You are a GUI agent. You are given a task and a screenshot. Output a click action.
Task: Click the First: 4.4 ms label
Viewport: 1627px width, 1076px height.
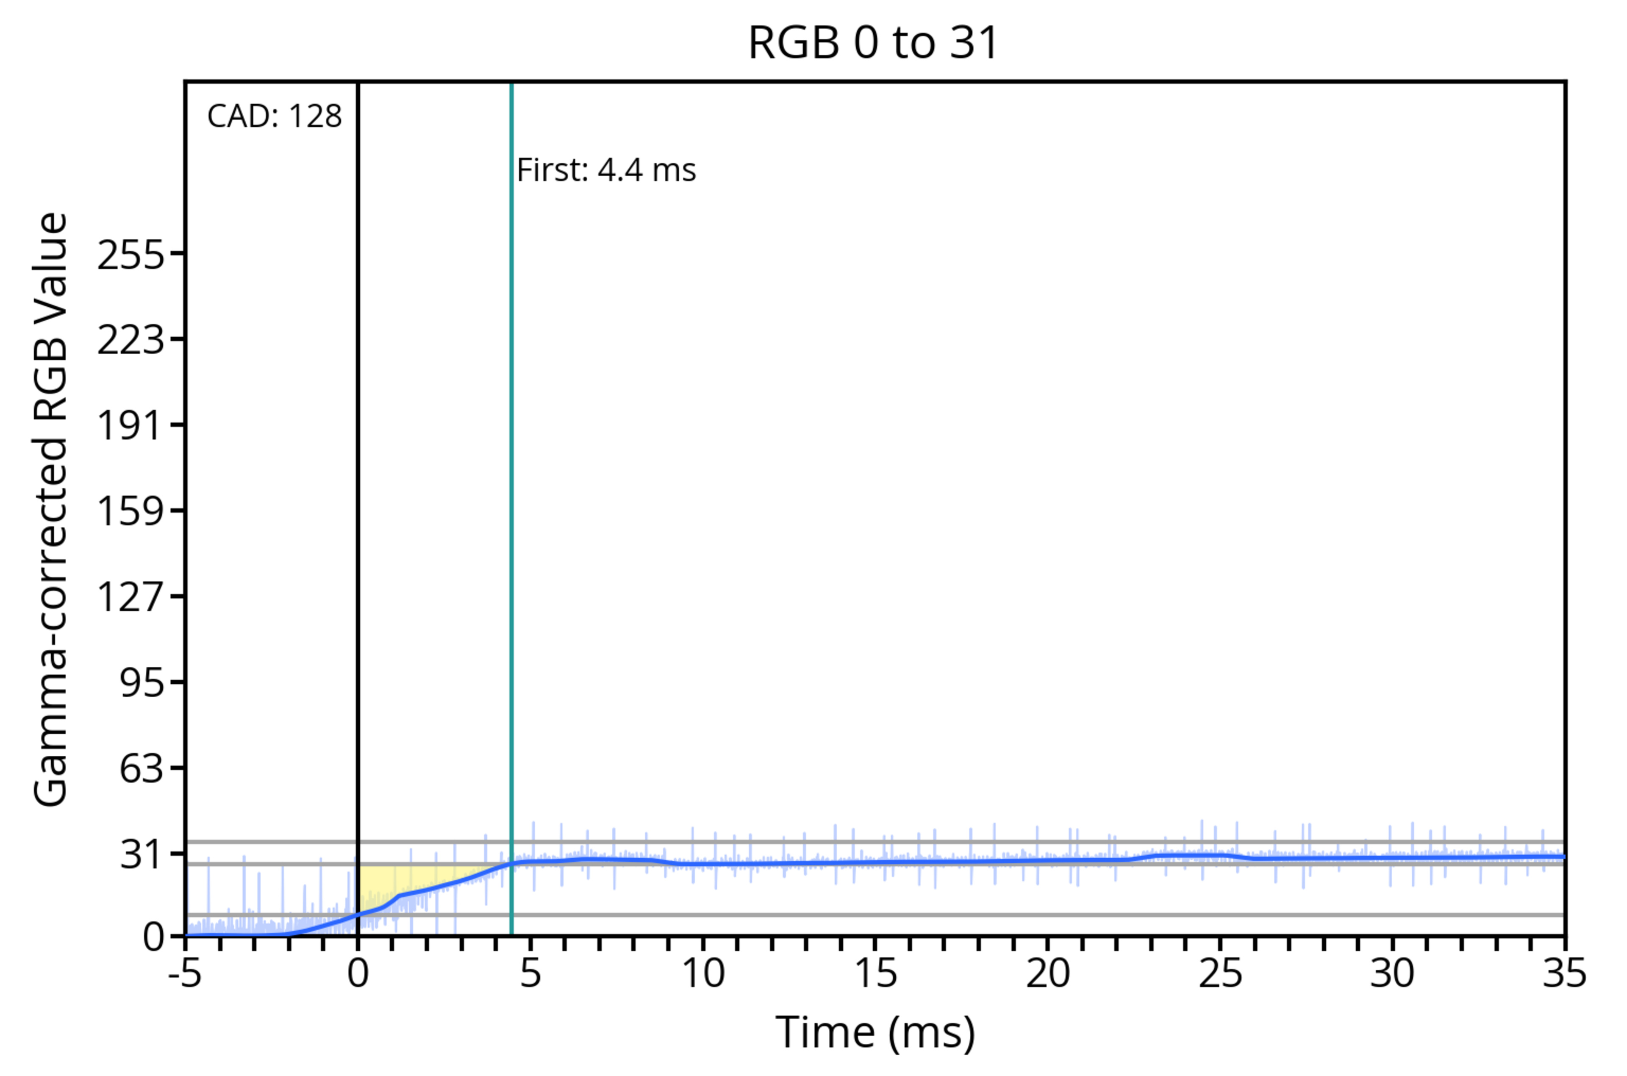coord(606,170)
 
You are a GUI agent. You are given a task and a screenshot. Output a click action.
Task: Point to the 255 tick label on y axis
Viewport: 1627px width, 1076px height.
coord(131,255)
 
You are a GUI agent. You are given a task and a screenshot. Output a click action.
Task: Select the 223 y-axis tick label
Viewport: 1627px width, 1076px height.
coord(131,340)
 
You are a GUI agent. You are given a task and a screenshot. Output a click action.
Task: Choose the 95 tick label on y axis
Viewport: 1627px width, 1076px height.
coord(142,682)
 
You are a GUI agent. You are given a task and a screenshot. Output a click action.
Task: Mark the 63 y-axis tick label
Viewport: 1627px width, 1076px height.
coord(142,768)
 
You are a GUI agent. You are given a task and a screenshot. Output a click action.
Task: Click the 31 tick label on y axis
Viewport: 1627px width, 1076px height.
coord(142,854)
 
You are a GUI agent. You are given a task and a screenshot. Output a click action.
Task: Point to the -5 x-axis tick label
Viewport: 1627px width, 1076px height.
coord(185,973)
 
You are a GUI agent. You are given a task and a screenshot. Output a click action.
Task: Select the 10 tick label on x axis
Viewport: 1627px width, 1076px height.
coord(702,973)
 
